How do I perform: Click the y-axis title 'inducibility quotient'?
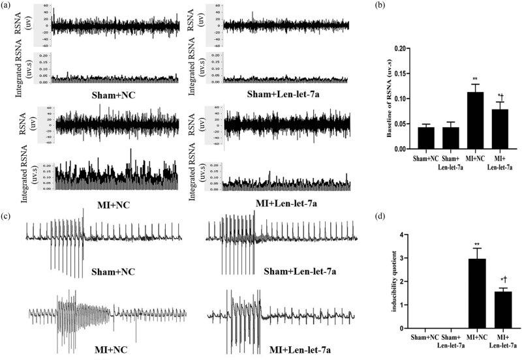point(395,282)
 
